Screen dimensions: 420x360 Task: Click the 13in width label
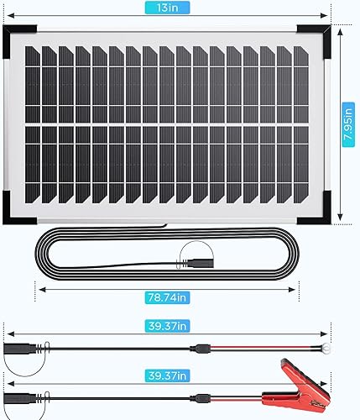[x=175, y=8]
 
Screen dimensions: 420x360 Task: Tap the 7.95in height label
[x=347, y=123]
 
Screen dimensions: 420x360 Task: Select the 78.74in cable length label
[x=167, y=296]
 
